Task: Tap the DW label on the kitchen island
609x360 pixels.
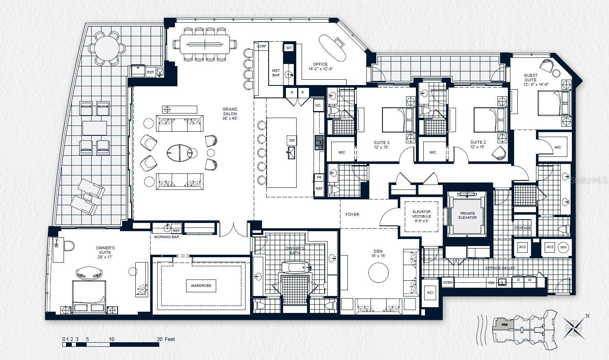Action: (292, 140)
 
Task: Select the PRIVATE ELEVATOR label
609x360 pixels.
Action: (467, 216)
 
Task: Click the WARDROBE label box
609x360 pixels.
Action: (201, 285)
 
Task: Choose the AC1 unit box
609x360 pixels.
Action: (430, 293)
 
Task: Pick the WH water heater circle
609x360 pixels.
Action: (563, 247)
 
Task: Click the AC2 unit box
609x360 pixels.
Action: (522, 247)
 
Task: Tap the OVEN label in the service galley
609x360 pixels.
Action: (448, 283)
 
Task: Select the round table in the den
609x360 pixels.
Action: (378, 273)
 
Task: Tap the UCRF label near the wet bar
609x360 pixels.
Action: (261, 46)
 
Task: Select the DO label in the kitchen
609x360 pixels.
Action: (318, 106)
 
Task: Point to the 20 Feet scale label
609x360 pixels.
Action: (166, 339)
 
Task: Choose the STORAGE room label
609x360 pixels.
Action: (522, 228)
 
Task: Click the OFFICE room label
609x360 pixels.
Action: (320, 64)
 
